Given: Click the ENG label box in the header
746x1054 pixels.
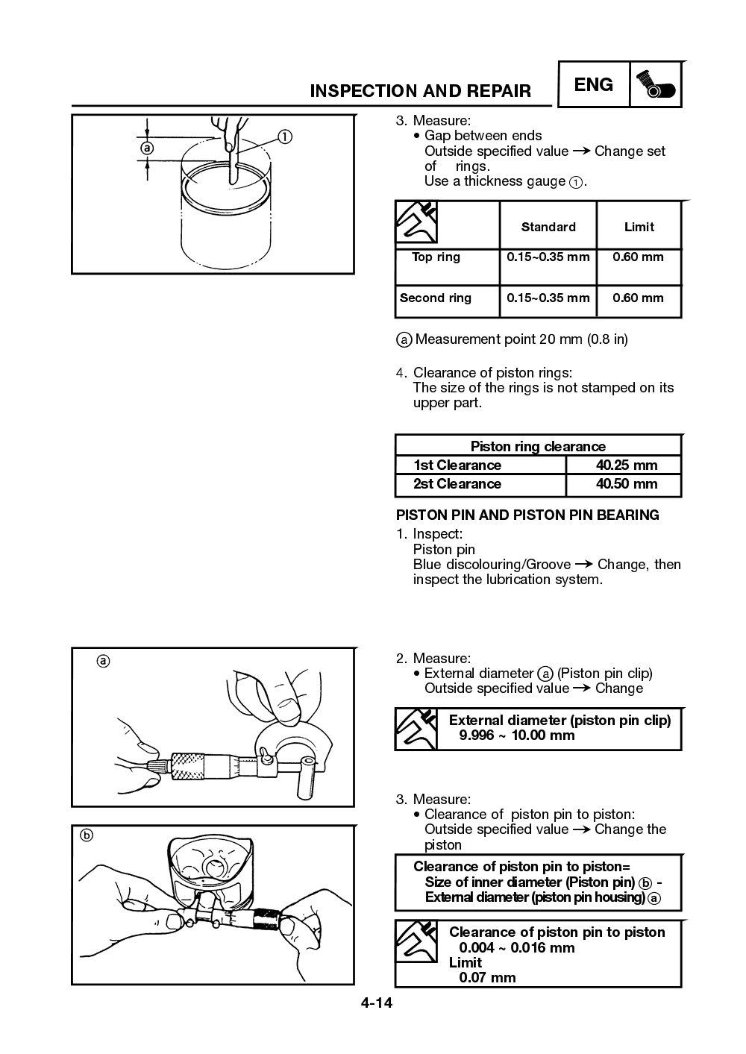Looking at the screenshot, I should [594, 85].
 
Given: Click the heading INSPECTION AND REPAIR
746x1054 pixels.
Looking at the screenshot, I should [420, 91].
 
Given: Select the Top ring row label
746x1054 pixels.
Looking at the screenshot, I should [436, 257].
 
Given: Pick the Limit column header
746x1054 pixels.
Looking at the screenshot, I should [639, 227].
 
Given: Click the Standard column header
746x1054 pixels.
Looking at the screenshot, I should [548, 227].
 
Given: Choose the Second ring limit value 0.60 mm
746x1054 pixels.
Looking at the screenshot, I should [638, 298].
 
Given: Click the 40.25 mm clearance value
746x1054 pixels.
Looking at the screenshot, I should [627, 465].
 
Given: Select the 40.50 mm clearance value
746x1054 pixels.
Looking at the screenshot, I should [627, 484].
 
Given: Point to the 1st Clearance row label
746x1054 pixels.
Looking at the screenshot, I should [457, 465].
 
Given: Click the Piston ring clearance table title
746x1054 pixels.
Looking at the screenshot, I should [537, 446].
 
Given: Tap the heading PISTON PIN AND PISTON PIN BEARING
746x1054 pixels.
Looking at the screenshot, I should [527, 515].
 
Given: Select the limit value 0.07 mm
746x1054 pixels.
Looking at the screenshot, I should [487, 978].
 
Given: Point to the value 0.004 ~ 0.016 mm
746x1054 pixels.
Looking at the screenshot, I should [517, 948].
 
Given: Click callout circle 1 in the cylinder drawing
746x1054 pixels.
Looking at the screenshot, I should [284, 137].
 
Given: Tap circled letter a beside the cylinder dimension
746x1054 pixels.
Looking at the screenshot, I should [147, 148].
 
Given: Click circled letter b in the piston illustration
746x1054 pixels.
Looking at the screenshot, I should [87, 835].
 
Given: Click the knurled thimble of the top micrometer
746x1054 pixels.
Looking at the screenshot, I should [192, 766].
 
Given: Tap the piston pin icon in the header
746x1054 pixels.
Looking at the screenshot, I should [656, 86].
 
